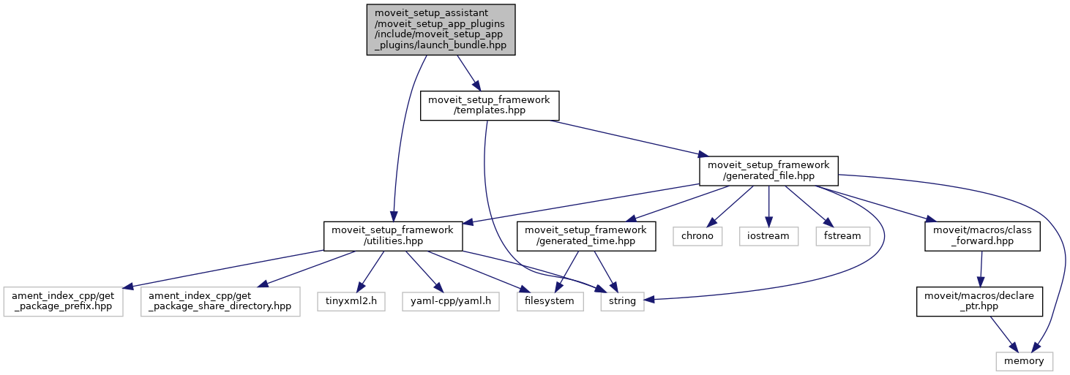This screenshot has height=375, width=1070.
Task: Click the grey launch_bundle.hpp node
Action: click(x=441, y=29)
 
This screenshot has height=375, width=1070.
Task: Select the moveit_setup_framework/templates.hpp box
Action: click(x=490, y=106)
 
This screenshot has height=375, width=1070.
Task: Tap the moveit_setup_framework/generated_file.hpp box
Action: click(x=768, y=170)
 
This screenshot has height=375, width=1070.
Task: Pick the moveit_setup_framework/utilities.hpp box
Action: click(x=393, y=236)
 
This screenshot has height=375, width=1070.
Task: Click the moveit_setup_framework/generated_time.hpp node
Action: click(x=586, y=236)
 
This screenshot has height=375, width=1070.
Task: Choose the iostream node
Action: click(x=768, y=236)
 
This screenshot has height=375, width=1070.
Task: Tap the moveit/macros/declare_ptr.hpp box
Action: click(x=980, y=300)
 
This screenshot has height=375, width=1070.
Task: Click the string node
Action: click(x=622, y=300)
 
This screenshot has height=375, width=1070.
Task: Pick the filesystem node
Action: click(x=550, y=300)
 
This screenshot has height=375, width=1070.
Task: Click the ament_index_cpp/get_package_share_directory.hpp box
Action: click(x=221, y=300)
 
